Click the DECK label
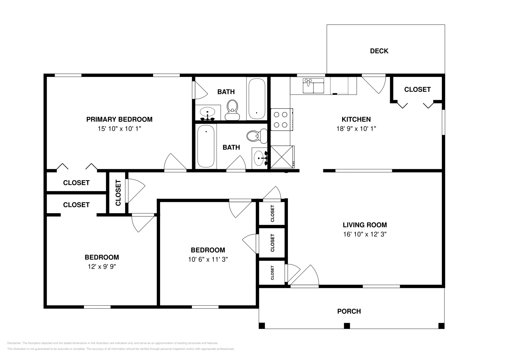click(x=379, y=51)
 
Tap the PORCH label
click(x=349, y=311)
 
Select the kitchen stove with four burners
click(x=282, y=120)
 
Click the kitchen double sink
click(x=313, y=86)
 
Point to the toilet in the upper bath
click(x=232, y=110)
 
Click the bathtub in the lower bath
click(x=206, y=146)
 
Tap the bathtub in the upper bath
click(x=257, y=99)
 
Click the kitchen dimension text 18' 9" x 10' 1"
click(x=356, y=129)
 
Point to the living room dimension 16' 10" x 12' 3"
click(x=365, y=234)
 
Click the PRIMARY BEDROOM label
click(x=119, y=119)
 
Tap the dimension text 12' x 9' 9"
click(x=102, y=267)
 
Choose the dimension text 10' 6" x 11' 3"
click(x=208, y=259)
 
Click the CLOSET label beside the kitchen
click(x=417, y=89)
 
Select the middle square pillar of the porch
click(x=347, y=326)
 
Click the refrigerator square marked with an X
click(x=282, y=157)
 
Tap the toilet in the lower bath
click(x=257, y=136)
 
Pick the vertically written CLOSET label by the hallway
click(x=118, y=193)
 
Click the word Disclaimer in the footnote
click(x=14, y=343)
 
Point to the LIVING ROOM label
click(x=365, y=225)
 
